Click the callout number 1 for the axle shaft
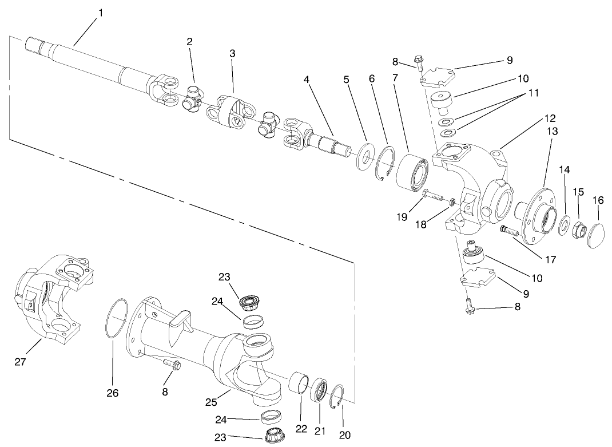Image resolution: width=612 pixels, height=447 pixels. click(101, 13)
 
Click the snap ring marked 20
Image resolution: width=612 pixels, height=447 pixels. click(338, 398)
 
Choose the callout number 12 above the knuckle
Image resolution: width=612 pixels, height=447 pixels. click(550, 118)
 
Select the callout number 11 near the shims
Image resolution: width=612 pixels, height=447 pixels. click(533, 92)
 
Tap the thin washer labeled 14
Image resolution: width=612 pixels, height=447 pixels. click(565, 224)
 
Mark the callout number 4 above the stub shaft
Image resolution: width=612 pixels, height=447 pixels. click(307, 80)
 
